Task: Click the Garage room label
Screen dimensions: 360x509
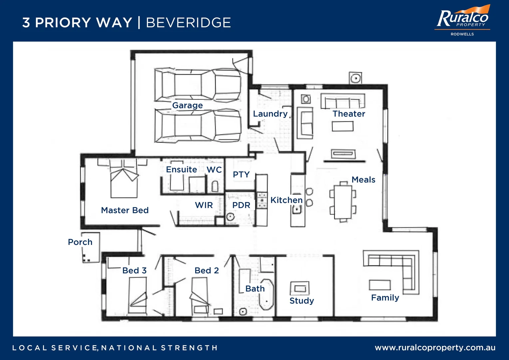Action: (187, 105)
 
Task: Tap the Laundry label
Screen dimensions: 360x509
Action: (270, 114)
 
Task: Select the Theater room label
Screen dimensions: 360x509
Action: (349, 114)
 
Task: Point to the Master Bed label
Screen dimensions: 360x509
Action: (125, 210)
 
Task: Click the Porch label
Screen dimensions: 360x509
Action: (80, 242)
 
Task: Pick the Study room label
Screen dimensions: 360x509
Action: (301, 301)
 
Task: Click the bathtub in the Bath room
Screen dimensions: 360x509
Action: (266, 295)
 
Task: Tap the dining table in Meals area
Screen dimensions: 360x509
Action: (343, 202)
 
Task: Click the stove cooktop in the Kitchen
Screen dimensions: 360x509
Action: (262, 200)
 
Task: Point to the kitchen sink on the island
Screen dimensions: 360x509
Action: (296, 210)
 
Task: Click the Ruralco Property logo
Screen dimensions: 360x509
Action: (462, 20)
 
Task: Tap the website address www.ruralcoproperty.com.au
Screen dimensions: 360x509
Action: (435, 348)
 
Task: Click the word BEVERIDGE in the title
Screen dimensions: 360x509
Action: (188, 23)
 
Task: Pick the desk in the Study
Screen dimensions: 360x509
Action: (299, 288)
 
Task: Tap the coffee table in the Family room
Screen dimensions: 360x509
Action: (380, 285)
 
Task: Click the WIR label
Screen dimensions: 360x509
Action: (204, 205)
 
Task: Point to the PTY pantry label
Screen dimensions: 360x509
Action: (241, 174)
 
